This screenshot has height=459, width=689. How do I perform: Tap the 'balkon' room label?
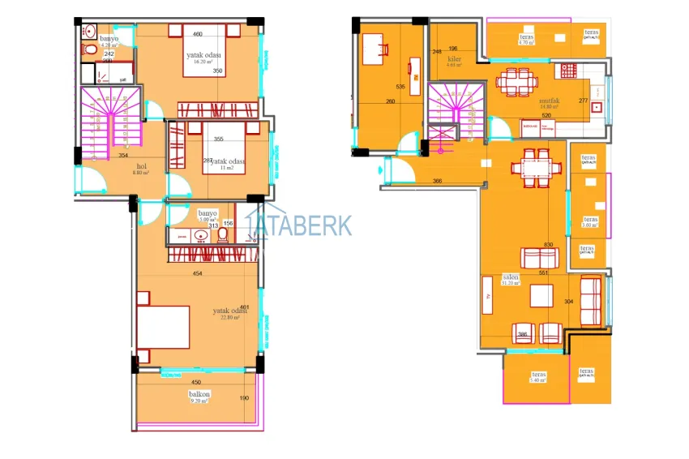199,394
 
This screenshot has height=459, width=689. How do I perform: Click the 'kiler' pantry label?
454,59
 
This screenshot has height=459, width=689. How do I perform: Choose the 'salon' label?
511,277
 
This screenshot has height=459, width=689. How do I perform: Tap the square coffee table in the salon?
541,296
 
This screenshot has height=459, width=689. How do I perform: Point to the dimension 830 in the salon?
549,245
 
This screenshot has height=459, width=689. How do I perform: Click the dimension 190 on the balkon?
242,398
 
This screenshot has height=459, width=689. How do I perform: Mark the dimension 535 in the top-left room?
400,86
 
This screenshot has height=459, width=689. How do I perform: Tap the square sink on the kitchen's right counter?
597,107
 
